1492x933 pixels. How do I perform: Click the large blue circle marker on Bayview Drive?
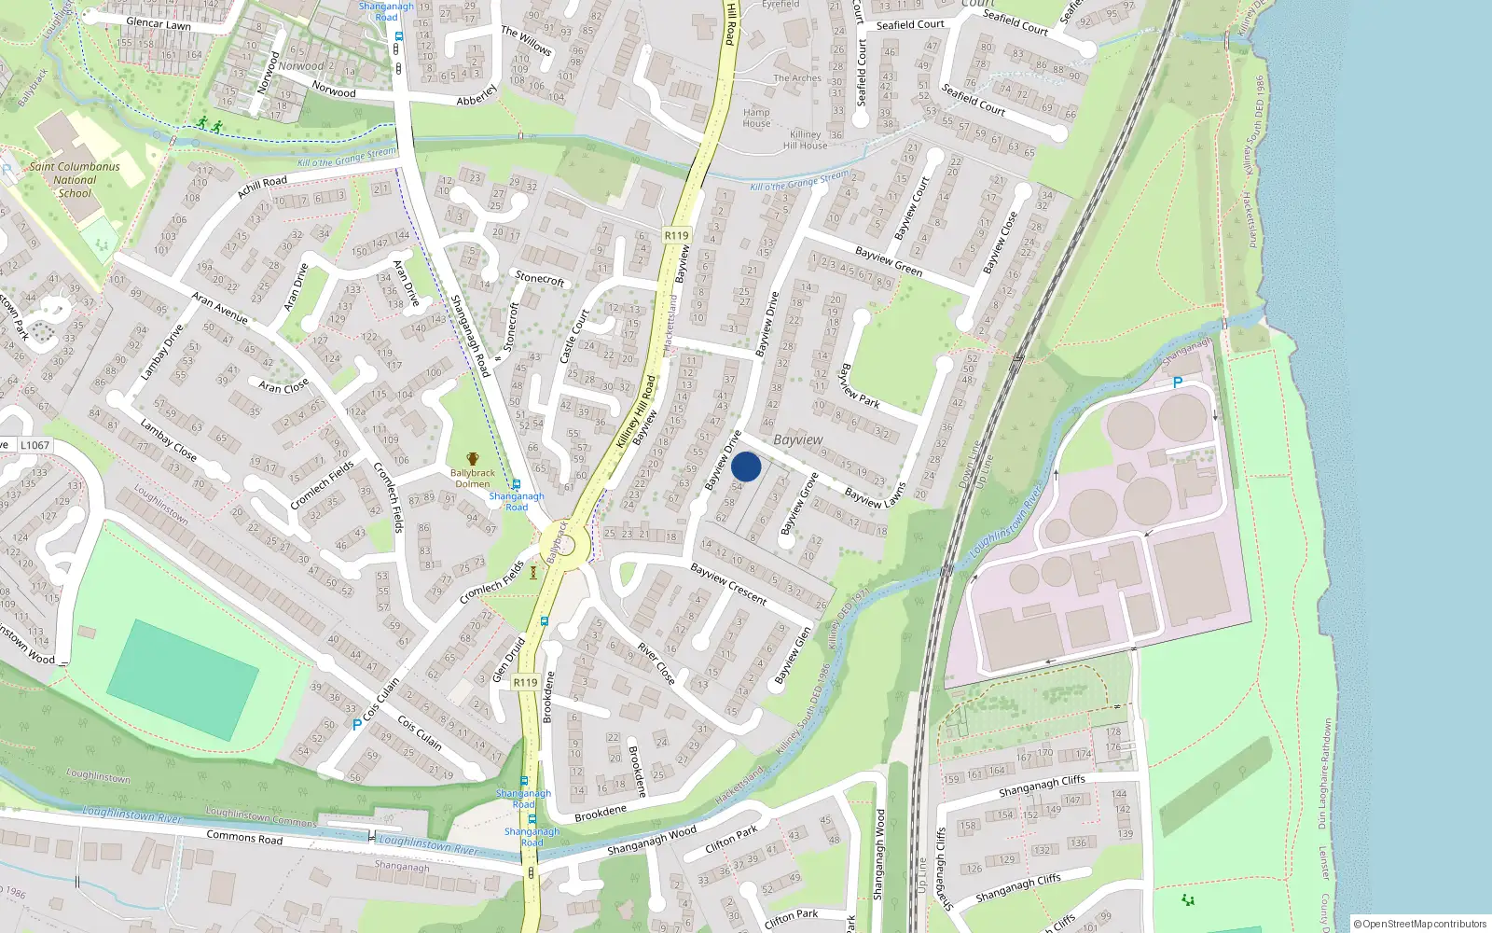click(746, 466)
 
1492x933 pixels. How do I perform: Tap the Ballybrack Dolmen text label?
click(473, 479)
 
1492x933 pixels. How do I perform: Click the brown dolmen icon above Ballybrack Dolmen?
click(473, 459)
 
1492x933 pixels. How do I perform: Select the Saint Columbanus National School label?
click(75, 180)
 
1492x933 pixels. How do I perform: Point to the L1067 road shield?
click(35, 445)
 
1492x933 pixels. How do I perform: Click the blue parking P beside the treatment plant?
click(1178, 383)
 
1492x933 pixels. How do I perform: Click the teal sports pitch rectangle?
click(183, 680)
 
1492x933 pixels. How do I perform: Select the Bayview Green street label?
click(889, 261)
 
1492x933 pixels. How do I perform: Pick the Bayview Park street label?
click(859, 386)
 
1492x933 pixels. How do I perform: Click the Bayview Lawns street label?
click(875, 496)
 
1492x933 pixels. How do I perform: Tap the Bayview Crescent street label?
click(728, 583)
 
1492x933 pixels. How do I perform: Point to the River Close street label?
click(656, 663)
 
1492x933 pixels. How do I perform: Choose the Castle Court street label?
click(574, 336)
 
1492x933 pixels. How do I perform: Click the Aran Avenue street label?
click(220, 308)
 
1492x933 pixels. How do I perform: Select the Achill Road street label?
click(262, 187)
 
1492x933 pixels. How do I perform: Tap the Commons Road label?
click(244, 838)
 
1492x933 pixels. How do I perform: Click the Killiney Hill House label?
click(805, 140)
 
